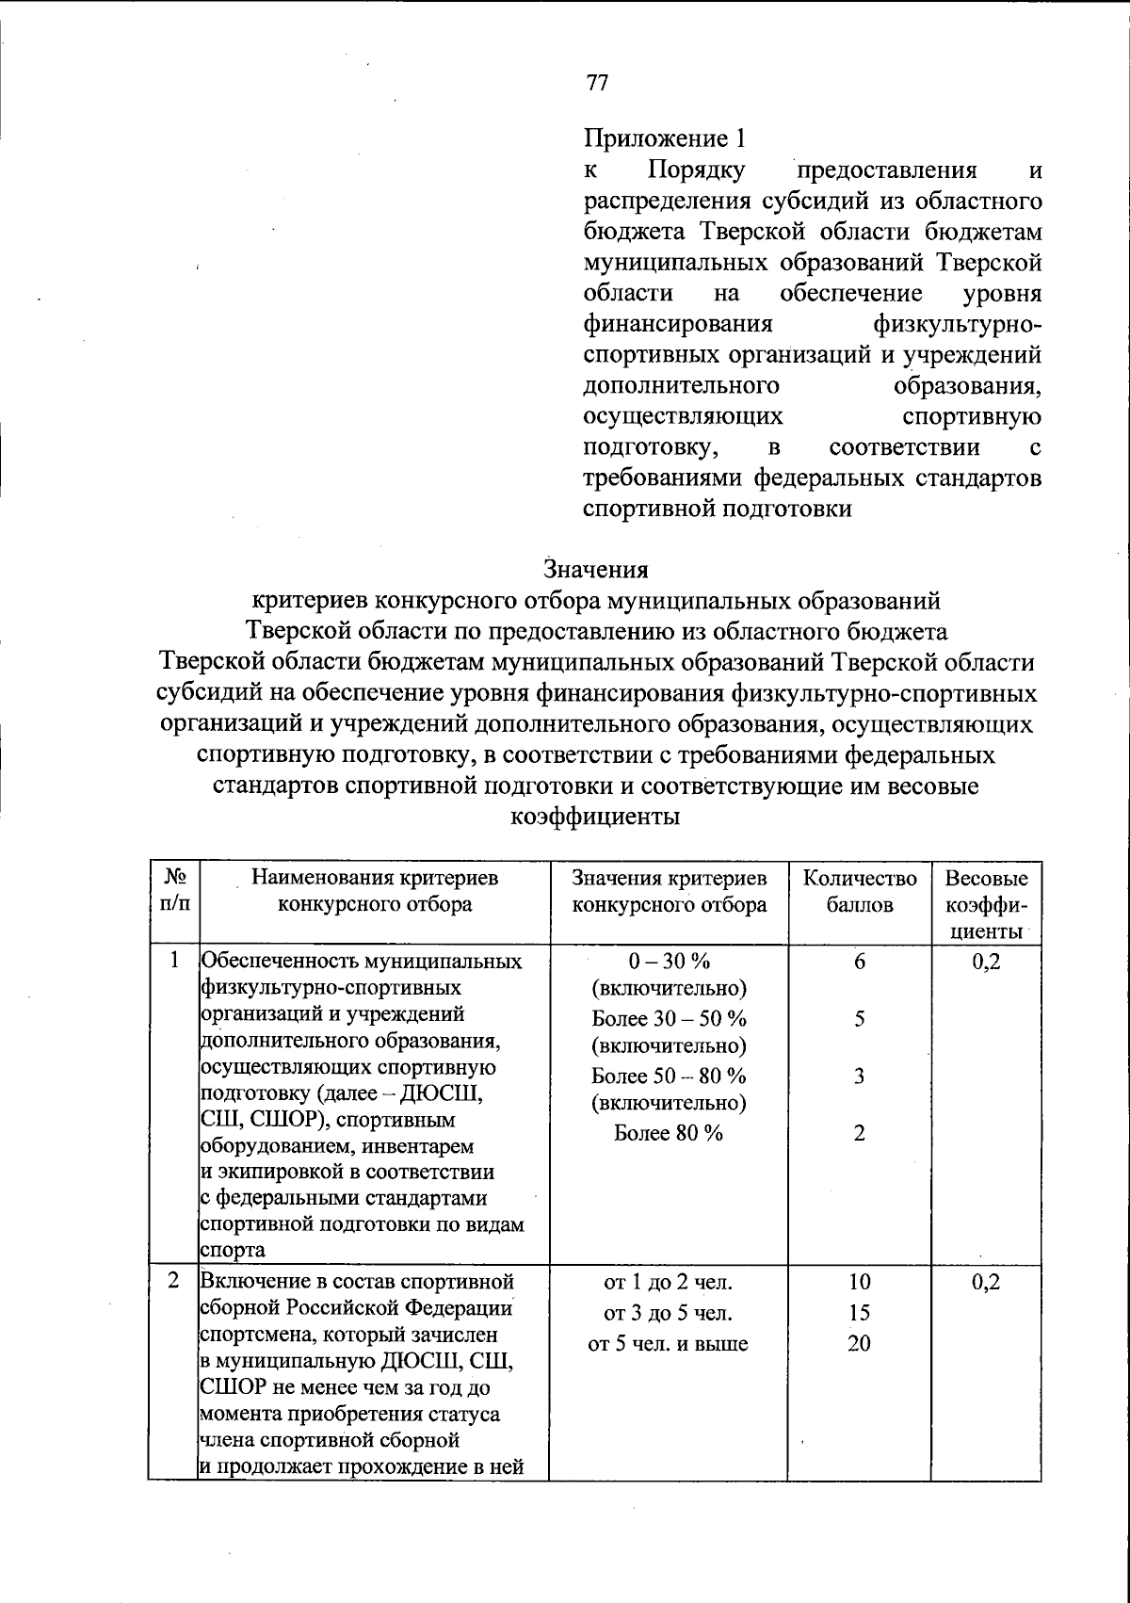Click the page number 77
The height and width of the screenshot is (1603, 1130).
click(x=597, y=83)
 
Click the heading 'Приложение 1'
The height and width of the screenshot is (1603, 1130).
click(x=664, y=139)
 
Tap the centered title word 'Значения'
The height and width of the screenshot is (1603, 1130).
click(x=596, y=570)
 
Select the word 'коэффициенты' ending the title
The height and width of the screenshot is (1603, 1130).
click(x=595, y=817)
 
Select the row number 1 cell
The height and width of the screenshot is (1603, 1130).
click(x=174, y=961)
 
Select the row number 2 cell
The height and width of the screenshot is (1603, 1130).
click(x=174, y=1281)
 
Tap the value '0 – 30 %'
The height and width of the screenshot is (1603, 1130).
click(x=669, y=961)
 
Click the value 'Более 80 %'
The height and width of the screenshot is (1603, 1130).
click(x=669, y=1133)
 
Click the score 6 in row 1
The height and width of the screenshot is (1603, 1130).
click(x=859, y=961)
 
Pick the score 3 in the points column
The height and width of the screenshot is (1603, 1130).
click(x=859, y=1076)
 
